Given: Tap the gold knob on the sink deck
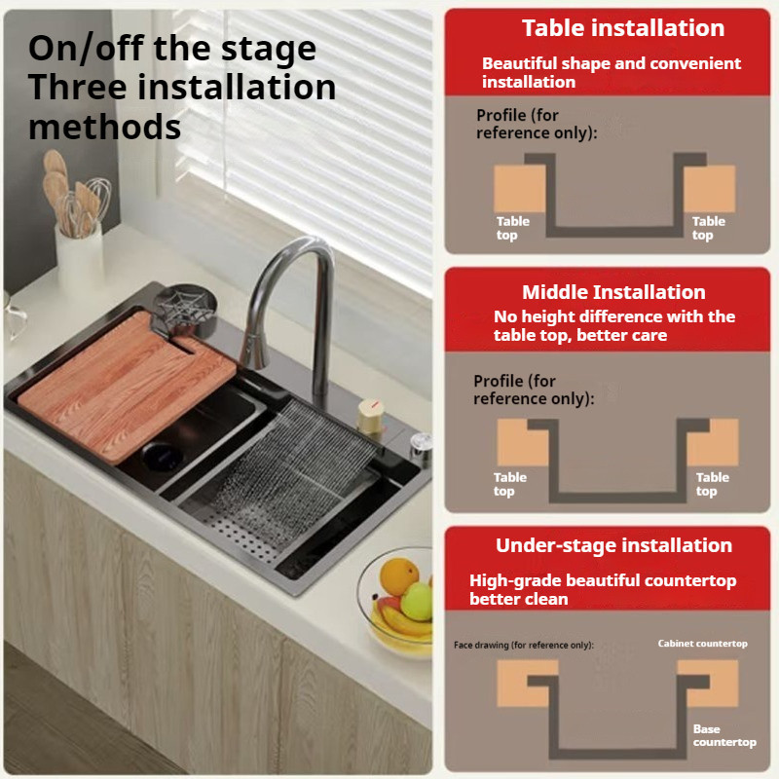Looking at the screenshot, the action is tap(371, 416).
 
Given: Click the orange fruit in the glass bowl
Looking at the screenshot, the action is tap(398, 576).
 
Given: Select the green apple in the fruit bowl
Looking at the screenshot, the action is tap(417, 601).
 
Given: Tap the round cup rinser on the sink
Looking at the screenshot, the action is tap(186, 308).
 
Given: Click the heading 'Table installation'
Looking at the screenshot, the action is tap(623, 28).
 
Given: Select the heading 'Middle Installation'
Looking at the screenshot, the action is tap(613, 292).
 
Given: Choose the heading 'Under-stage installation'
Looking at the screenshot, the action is tap(613, 545).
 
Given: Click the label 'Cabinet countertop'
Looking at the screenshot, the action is tap(702, 644).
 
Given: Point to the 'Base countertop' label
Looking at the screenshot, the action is tap(724, 735).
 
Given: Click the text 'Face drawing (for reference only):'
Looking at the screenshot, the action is tap(524, 645).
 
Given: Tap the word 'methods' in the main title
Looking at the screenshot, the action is tap(105, 127).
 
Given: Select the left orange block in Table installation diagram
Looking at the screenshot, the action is tap(520, 189).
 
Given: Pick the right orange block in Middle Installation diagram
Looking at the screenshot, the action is tap(714, 442).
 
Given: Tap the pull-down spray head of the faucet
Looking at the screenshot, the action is tap(252, 352).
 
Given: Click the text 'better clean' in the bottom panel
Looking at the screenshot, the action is tap(519, 599).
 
